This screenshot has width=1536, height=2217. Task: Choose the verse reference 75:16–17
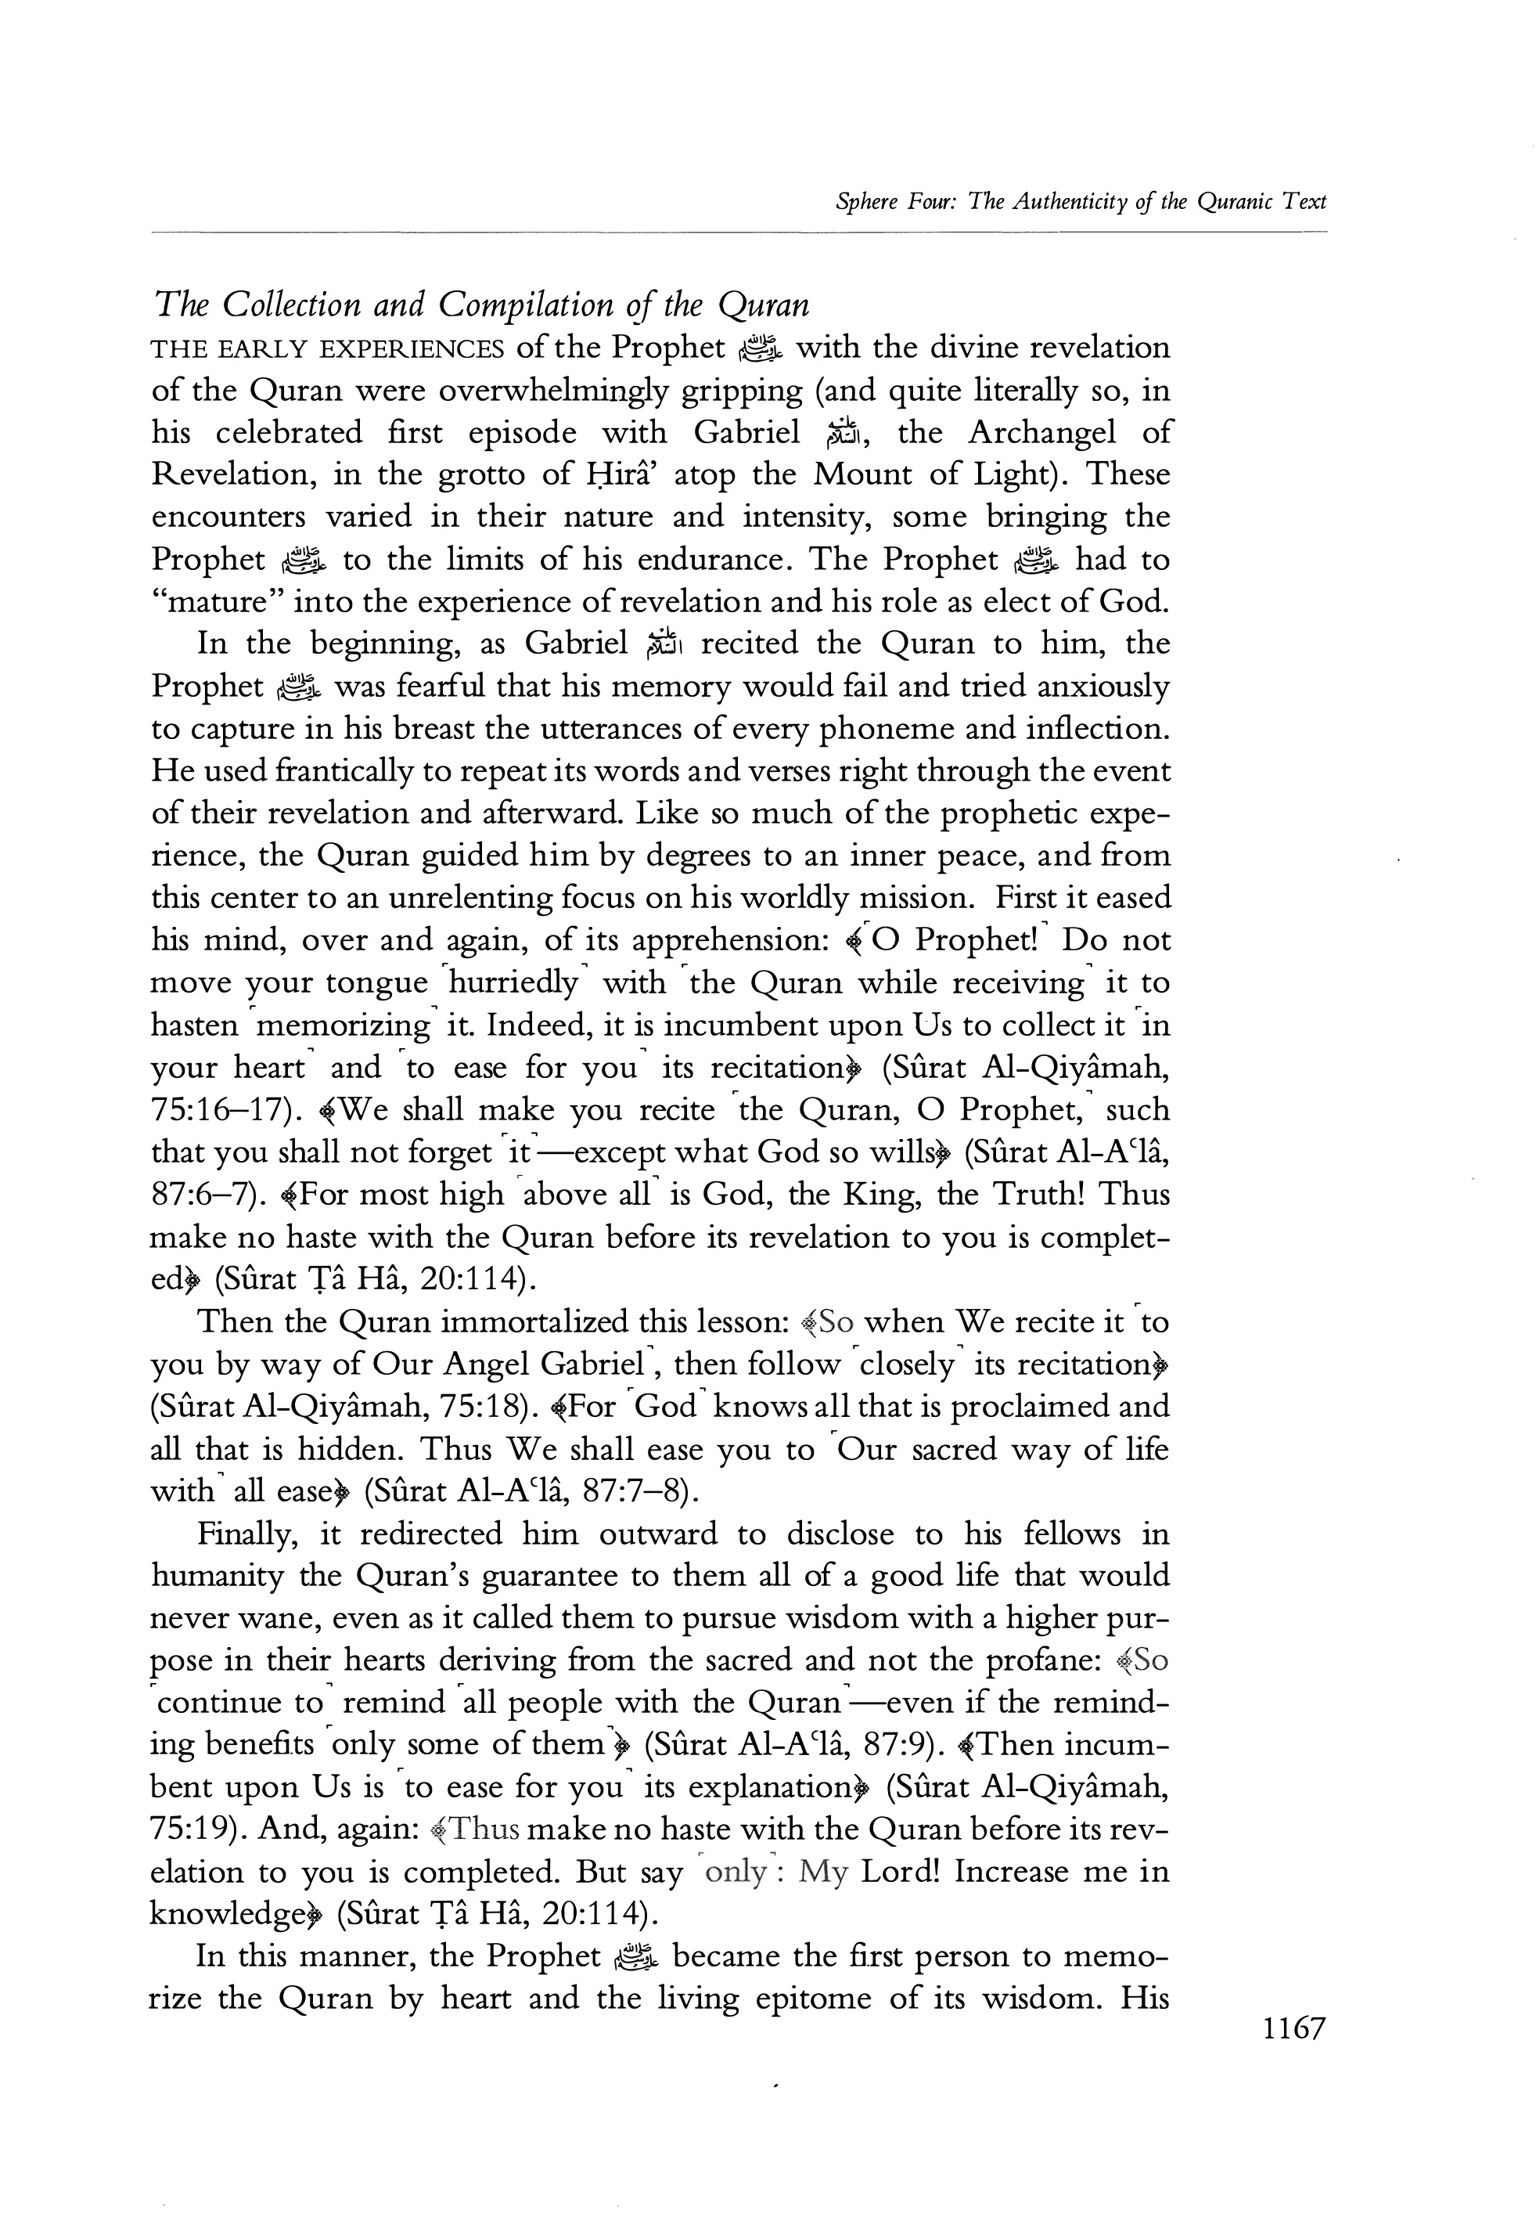(221, 1110)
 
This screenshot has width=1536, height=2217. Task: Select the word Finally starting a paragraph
(243, 1534)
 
